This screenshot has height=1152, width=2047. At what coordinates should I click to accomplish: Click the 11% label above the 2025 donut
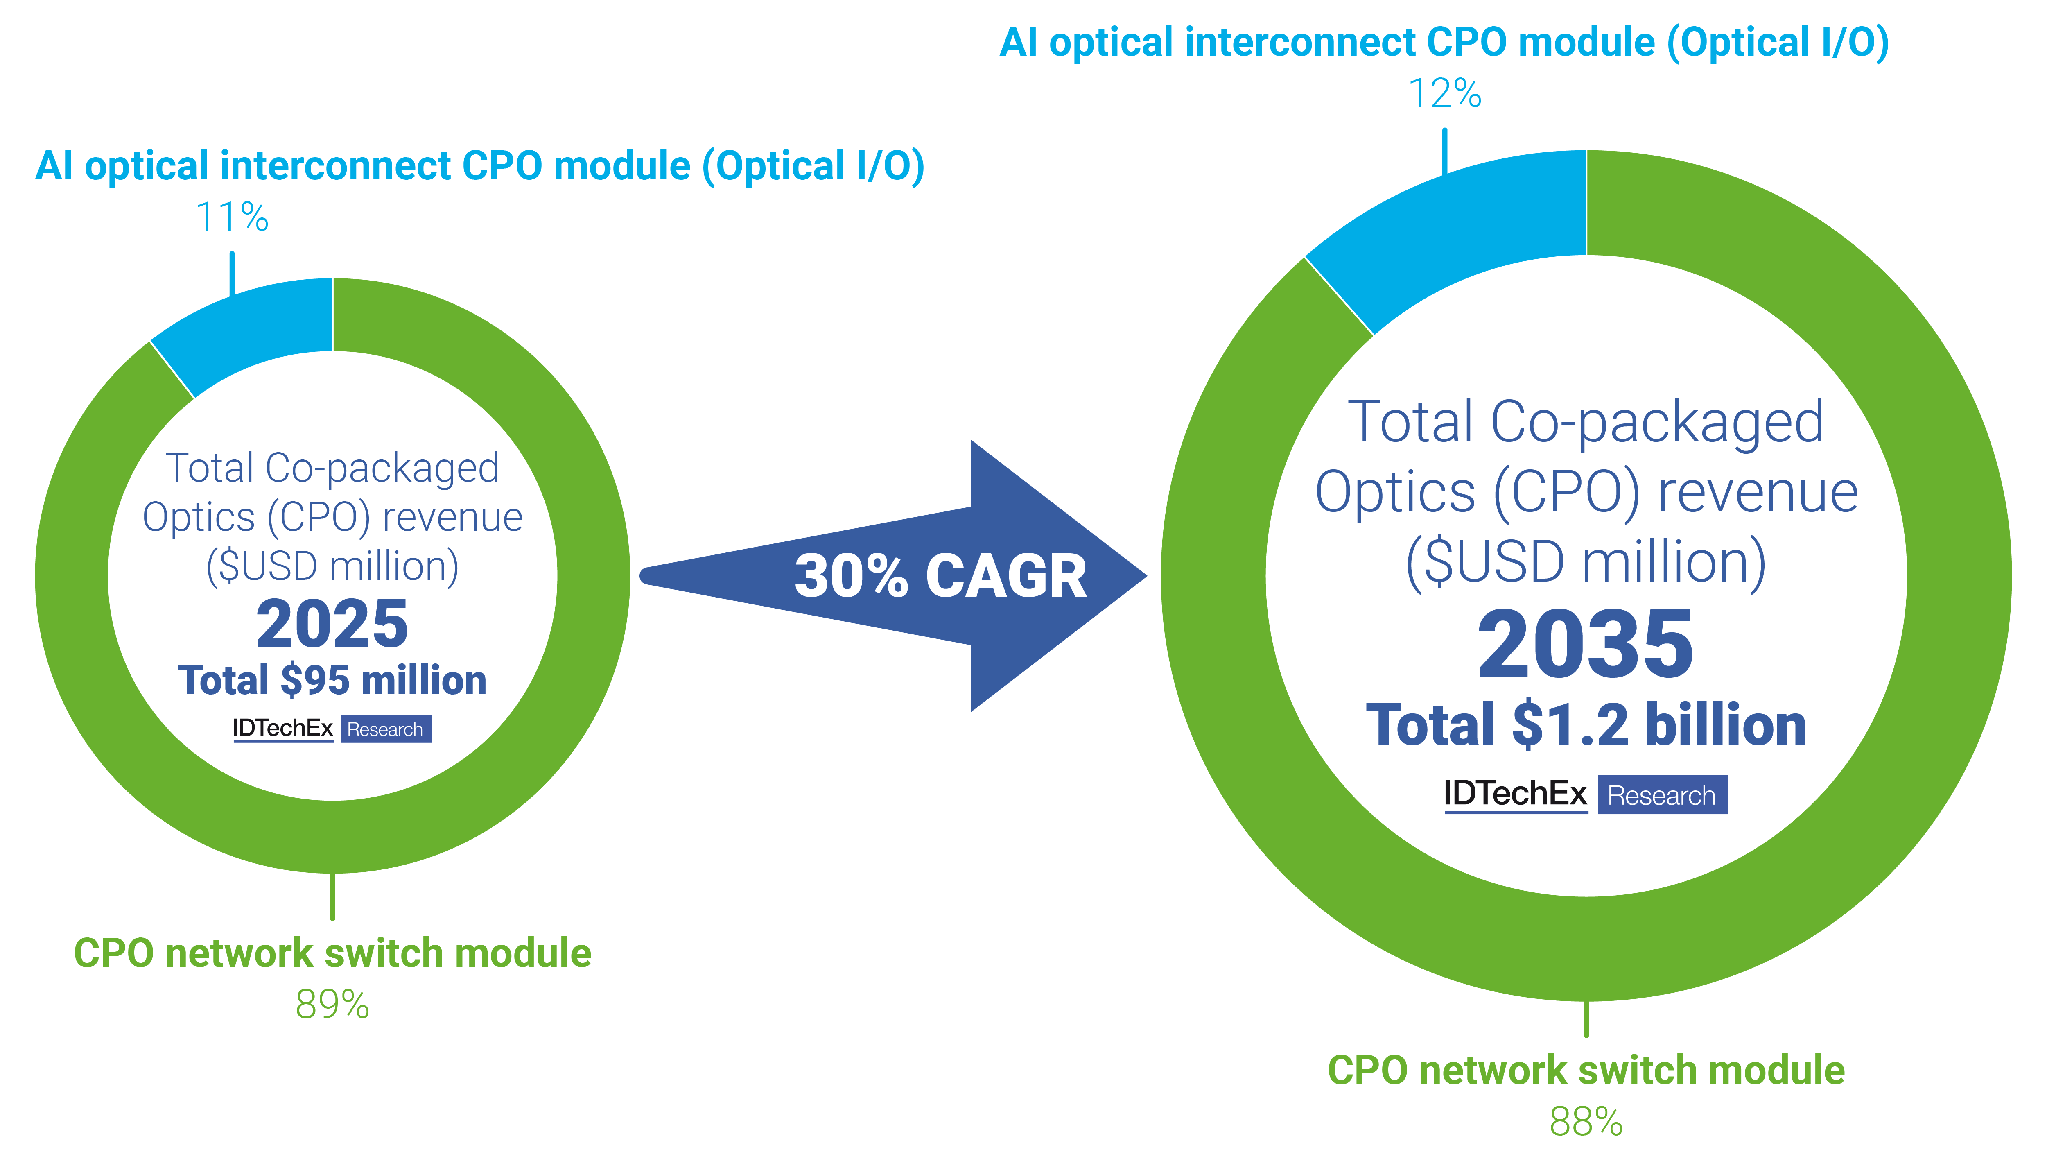[x=232, y=217]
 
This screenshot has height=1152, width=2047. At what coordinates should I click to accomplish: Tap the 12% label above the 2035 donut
[x=1445, y=94]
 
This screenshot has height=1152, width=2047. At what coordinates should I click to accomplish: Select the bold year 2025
[x=332, y=625]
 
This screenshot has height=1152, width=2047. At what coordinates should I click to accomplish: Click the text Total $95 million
[x=332, y=681]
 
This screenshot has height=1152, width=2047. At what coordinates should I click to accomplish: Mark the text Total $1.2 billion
[x=1585, y=725]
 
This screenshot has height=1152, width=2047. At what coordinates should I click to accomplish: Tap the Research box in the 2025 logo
[x=385, y=729]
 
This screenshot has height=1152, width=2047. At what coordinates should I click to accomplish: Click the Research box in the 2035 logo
[x=1662, y=795]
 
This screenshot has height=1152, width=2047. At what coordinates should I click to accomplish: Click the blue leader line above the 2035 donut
[x=1445, y=151]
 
